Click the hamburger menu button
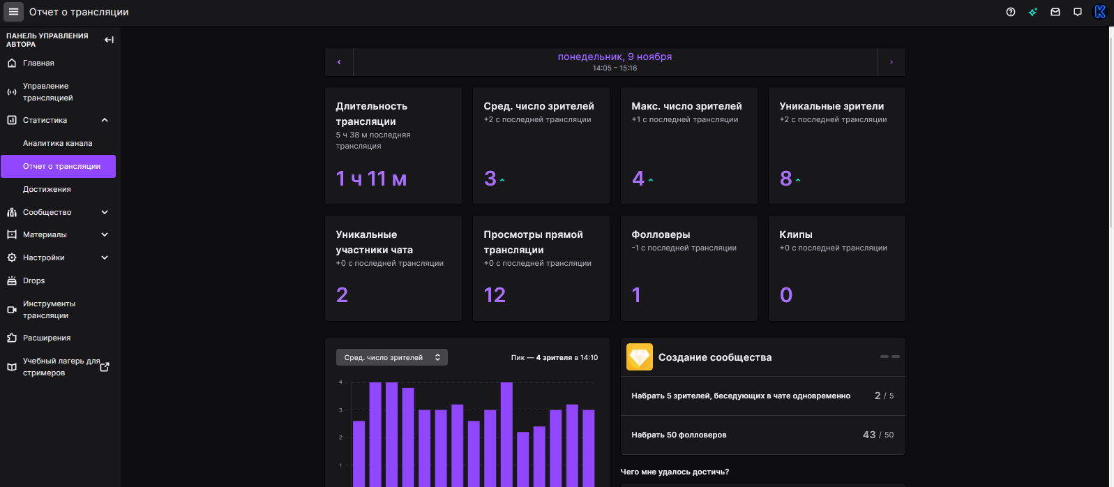[x=13, y=11]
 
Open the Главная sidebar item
[x=38, y=63]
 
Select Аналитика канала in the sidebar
[x=58, y=143]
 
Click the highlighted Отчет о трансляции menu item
[x=58, y=166]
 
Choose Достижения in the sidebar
[x=47, y=189]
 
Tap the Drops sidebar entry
[x=33, y=280]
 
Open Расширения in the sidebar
[x=46, y=338]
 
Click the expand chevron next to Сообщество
[x=105, y=212]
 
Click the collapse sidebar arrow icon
[x=109, y=40]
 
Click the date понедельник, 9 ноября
[x=615, y=57]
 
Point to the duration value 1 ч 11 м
[x=371, y=179]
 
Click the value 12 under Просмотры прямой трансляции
[x=495, y=295]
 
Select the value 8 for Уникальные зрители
[x=785, y=179]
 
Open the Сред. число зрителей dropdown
[x=392, y=357]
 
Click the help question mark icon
[x=1011, y=12]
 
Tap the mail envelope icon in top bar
[x=1055, y=12]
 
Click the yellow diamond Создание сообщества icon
[x=640, y=357]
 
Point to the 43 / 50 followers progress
[x=878, y=435]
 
